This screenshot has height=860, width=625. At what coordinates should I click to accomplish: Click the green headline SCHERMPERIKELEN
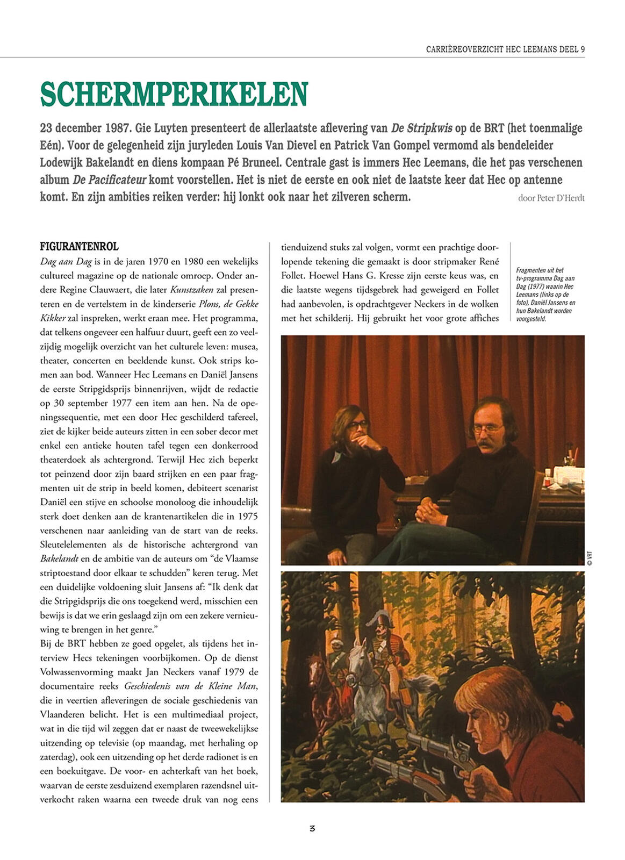coord(174,94)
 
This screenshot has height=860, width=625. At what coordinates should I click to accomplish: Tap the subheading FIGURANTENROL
coord(79,247)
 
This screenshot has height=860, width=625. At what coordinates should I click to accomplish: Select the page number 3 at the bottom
coord(312,828)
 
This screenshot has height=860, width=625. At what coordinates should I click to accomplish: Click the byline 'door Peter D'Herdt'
coord(551,198)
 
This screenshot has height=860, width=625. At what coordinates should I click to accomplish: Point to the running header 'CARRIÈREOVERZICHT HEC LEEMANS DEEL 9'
coord(505,49)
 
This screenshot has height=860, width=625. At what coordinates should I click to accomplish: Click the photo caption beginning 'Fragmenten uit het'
coord(545,294)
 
